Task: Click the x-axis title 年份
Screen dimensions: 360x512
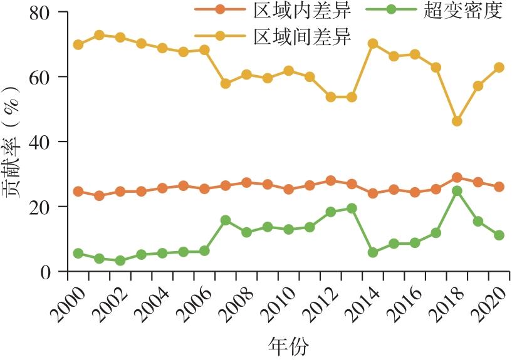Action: click(x=288, y=345)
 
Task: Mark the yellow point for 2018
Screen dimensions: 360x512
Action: click(x=457, y=121)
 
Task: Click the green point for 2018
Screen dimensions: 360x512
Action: click(x=457, y=191)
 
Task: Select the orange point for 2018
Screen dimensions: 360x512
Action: click(x=457, y=178)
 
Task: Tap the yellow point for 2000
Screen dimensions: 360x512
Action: click(x=78, y=45)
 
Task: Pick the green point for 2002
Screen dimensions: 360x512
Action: click(x=120, y=260)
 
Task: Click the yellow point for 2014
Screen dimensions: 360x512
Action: click(x=373, y=44)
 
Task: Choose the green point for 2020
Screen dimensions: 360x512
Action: click(x=499, y=235)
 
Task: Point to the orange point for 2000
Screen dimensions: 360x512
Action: click(x=78, y=192)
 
